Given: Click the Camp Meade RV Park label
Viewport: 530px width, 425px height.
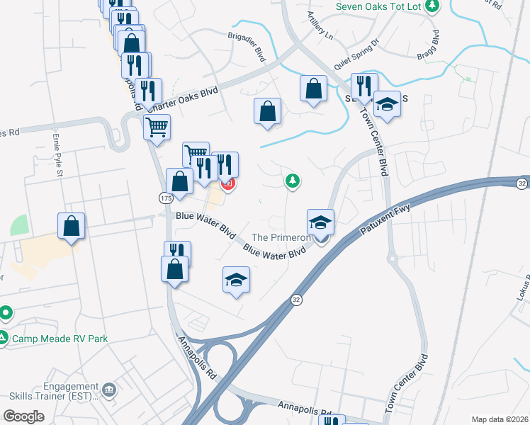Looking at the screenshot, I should pyautogui.click(x=60, y=339).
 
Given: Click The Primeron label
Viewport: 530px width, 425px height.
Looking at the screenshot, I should pyautogui.click(x=281, y=237).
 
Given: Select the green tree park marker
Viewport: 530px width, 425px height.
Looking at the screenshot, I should pyautogui.click(x=292, y=181).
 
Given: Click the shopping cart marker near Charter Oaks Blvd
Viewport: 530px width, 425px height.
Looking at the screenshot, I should pyautogui.click(x=157, y=127).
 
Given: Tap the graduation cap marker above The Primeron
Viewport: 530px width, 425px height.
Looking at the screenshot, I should pyautogui.click(x=320, y=222).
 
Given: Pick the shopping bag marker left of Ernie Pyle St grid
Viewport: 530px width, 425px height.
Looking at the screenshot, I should pyautogui.click(x=72, y=226).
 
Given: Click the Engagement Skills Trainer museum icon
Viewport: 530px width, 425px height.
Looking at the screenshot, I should pyautogui.click(x=108, y=389).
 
